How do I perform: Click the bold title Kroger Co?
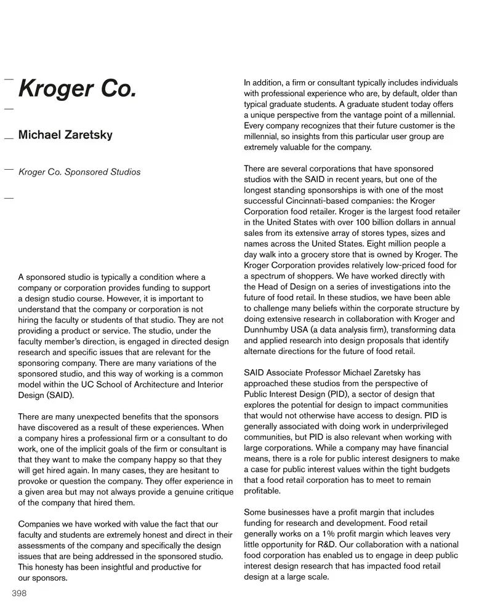tap(77, 90)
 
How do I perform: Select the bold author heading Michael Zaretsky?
tap(65, 135)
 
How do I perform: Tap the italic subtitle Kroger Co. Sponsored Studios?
tap(79, 172)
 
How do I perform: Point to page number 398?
tap(19, 593)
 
